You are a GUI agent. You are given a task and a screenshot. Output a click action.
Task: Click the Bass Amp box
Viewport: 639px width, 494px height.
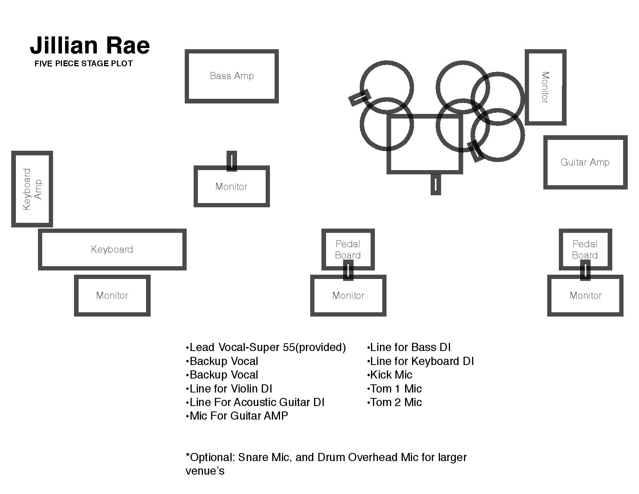232,76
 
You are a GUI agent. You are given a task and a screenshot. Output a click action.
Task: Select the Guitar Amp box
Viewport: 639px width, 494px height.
585,162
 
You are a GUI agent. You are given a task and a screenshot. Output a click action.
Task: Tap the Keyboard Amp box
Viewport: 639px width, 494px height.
32,189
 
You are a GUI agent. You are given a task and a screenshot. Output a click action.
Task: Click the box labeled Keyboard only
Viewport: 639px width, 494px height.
112,250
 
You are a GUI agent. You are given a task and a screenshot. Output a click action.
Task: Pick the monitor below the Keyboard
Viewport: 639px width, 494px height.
112,296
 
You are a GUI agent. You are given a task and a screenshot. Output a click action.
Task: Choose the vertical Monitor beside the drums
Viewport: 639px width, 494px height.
545,87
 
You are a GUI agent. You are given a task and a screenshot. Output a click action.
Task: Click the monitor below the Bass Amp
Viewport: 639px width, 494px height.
232,187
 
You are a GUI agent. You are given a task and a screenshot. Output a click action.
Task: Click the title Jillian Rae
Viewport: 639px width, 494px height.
90,45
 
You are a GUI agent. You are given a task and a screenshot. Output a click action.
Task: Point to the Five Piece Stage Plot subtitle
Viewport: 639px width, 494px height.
83,64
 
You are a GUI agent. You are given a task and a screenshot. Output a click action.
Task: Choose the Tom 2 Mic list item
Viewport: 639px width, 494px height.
395,403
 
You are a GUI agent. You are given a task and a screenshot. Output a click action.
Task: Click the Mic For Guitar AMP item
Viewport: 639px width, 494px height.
238,416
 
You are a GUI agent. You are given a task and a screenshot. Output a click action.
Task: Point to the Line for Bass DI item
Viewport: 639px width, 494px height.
409,348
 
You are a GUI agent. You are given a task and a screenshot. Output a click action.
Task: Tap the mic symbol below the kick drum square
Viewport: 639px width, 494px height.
436,184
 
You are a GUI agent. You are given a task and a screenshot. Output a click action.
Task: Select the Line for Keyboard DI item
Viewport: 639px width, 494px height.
421,361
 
